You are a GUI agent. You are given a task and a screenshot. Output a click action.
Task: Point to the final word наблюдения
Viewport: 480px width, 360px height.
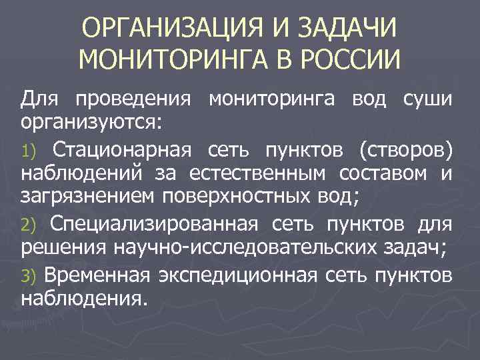click(83, 297)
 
